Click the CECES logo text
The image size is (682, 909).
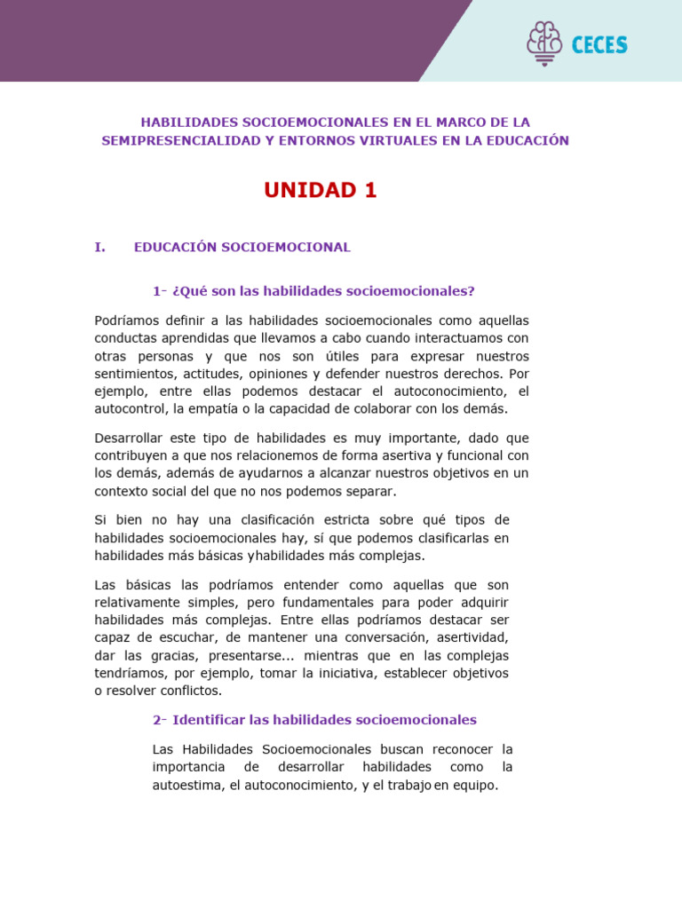click(599, 44)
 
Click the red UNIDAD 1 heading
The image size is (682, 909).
click(321, 191)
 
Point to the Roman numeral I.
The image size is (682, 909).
click(99, 248)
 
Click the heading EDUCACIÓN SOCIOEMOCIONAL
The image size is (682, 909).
click(242, 248)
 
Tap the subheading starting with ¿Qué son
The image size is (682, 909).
click(313, 290)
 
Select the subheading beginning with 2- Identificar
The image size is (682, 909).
click(314, 720)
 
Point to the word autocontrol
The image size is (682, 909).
click(131, 409)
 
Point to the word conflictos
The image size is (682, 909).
click(188, 691)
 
